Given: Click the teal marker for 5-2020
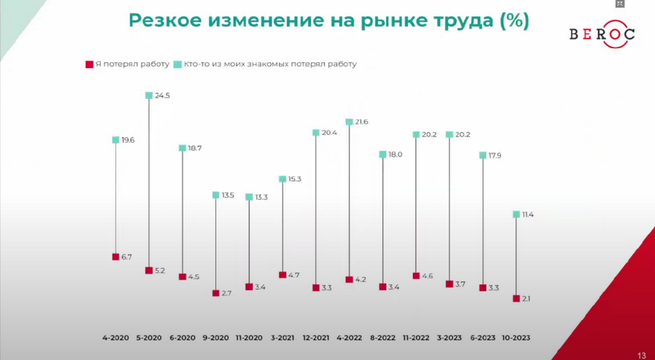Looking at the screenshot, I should [149, 96].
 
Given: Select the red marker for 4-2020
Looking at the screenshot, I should [115, 257].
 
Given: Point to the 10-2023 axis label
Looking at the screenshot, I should [516, 338].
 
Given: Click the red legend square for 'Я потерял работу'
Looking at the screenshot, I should [89, 64].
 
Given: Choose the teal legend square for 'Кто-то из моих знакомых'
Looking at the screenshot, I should [177, 64].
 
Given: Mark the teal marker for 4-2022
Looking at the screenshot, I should [349, 122].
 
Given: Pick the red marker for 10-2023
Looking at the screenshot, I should [516, 298].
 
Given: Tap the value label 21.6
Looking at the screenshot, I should [362, 122].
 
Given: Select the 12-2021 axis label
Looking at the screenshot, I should [316, 338].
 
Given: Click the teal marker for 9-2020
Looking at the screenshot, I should [215, 195].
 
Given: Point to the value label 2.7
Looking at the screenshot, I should [228, 293].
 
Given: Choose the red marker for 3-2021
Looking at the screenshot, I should [282, 275].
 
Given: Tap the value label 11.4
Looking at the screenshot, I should [529, 214].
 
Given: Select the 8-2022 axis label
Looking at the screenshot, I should [383, 338].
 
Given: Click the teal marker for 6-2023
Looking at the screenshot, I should [483, 155].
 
